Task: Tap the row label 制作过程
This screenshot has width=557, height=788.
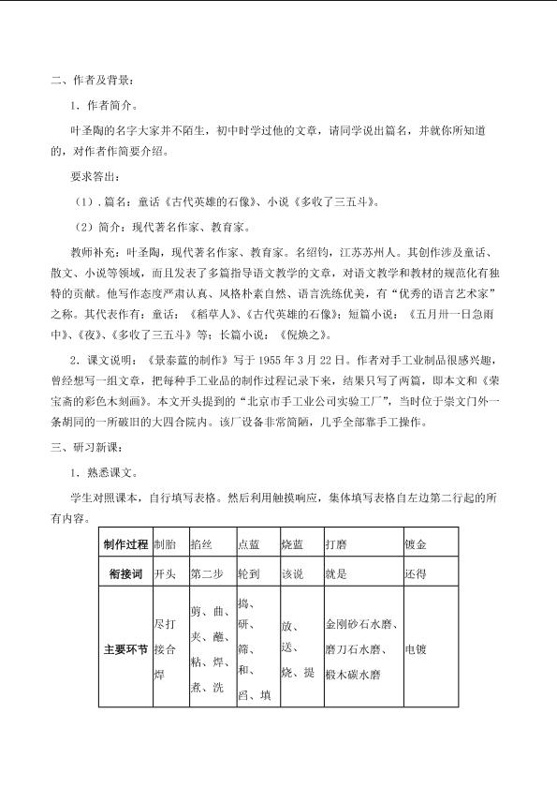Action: (125, 543)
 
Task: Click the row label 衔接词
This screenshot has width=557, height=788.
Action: (125, 573)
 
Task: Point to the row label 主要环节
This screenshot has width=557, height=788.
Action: (125, 647)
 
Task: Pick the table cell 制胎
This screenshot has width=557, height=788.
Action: (164, 543)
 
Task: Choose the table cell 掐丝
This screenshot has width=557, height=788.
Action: (201, 543)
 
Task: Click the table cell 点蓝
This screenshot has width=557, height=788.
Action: (248, 543)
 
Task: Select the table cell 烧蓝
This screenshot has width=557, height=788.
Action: (292, 543)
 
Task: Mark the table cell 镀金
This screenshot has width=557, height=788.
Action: (415, 543)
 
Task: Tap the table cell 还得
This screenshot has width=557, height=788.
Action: (415, 573)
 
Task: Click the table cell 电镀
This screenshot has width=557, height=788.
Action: (415, 647)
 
